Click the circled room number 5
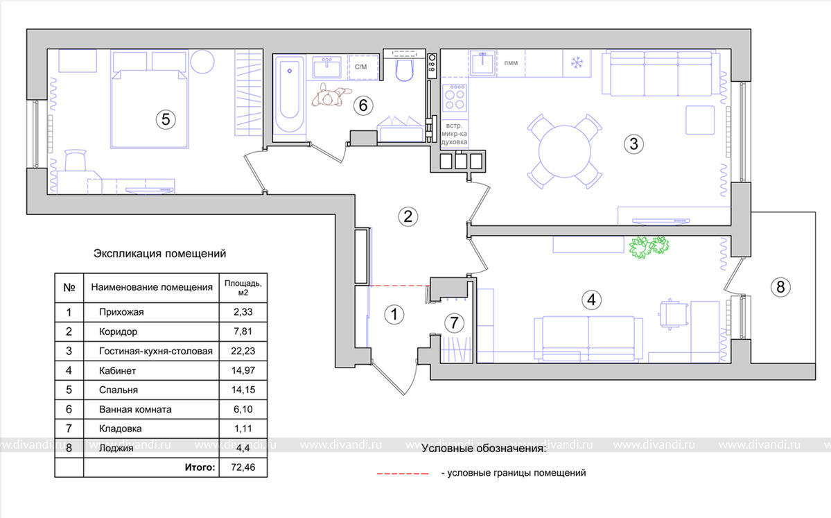pyautogui.click(x=166, y=119)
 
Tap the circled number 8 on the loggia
pyautogui.click(x=780, y=287)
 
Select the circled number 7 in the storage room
pyautogui.click(x=454, y=322)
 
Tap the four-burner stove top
pyautogui.click(x=454, y=98)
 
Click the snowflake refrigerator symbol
pyautogui.click(x=576, y=62)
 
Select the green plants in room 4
pyautogui.click(x=649, y=247)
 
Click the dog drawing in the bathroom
pyautogui.click(x=331, y=96)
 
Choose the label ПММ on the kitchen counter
pyautogui.click(x=511, y=63)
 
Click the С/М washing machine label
pyautogui.click(x=360, y=67)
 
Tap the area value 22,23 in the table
pyautogui.click(x=243, y=351)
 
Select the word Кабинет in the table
pyautogui.click(x=118, y=370)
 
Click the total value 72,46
pyautogui.click(x=243, y=467)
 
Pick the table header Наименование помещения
pyautogui.click(x=152, y=287)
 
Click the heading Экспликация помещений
pyautogui.click(x=160, y=253)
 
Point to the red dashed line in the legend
pyautogui.click(x=403, y=474)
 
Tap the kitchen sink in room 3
pyautogui.click(x=482, y=63)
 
